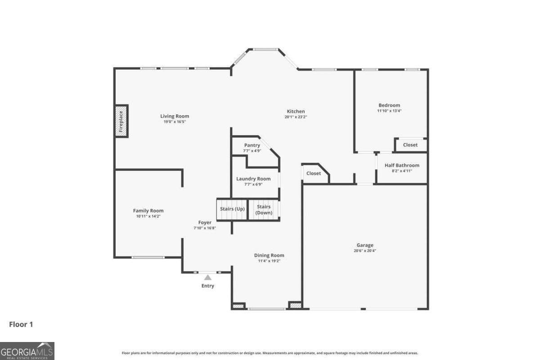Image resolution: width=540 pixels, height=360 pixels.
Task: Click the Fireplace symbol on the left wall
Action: tap(121, 120)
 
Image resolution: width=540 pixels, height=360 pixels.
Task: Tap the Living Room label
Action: tap(175, 116)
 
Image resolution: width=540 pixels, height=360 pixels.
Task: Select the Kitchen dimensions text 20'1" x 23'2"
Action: tap(296, 117)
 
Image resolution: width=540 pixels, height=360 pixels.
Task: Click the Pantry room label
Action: tap(252, 145)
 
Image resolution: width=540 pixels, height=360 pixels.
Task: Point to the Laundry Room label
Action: tap(253, 179)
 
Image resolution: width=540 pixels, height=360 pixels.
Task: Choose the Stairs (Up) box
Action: tap(232, 209)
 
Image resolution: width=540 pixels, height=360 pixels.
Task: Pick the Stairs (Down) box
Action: tap(264, 210)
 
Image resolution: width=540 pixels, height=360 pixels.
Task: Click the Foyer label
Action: tap(205, 222)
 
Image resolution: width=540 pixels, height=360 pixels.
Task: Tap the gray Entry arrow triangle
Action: tap(207, 278)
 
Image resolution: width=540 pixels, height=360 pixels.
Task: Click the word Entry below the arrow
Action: tap(208, 286)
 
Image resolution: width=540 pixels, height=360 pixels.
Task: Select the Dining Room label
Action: tap(269, 255)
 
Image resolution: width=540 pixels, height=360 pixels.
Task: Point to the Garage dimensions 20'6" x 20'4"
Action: tap(365, 251)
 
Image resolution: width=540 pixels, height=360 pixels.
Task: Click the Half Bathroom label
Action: tap(402, 165)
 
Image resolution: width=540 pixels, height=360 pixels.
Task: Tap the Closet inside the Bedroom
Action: tap(410, 145)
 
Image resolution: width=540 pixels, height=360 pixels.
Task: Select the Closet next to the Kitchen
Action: tap(314, 173)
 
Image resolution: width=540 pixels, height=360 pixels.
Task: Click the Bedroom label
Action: tap(389, 105)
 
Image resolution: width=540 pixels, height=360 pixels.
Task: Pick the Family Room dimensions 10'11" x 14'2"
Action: tap(148, 216)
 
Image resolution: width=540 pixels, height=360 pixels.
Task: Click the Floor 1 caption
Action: tap(21, 324)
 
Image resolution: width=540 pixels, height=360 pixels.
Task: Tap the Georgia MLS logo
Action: tap(27, 351)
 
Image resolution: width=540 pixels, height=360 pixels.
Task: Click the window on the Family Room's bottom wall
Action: tap(148, 257)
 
